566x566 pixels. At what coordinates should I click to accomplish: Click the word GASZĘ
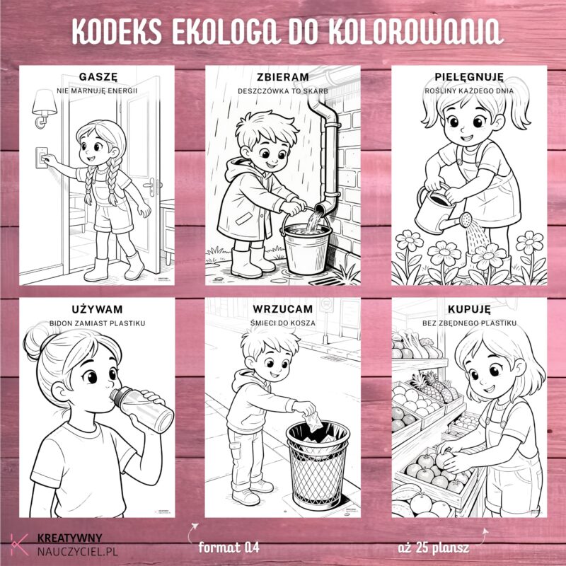(97, 77)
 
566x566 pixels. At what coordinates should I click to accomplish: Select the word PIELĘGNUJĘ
(469, 77)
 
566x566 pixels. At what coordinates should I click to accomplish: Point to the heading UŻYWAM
(97, 309)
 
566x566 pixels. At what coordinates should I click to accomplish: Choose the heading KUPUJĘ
(469, 309)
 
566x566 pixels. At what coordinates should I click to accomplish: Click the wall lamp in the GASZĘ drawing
(45, 108)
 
